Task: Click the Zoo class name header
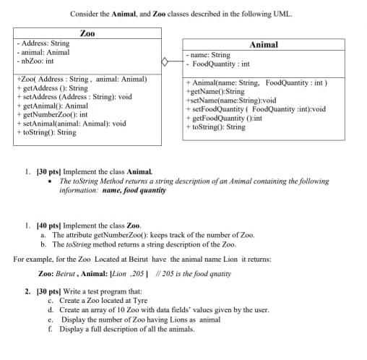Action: coord(87,33)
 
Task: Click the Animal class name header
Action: coord(262,44)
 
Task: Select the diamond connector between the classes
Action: coord(165,62)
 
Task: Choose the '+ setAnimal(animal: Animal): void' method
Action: coord(74,123)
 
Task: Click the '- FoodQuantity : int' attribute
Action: coord(218,64)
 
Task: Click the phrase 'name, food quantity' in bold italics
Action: coord(134,191)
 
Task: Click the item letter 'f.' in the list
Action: coord(50,328)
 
